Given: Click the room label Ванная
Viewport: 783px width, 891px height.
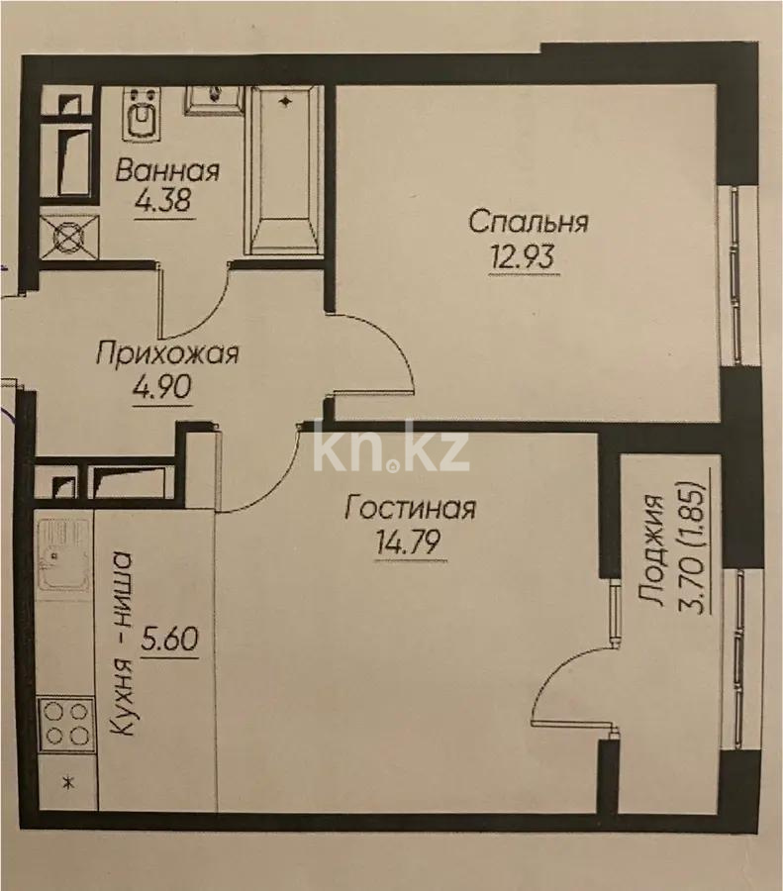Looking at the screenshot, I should click(x=166, y=170).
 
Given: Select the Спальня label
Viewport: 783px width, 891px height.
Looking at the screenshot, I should click(x=528, y=221).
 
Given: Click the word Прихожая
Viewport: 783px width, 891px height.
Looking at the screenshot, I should click(x=166, y=352).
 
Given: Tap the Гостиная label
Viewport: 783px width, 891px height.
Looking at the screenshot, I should click(x=411, y=509).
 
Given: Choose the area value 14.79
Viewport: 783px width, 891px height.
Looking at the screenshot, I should click(x=410, y=544).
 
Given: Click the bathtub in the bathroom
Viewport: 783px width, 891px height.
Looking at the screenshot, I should click(x=284, y=170).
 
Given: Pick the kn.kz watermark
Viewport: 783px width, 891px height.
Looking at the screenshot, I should click(x=390, y=451).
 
